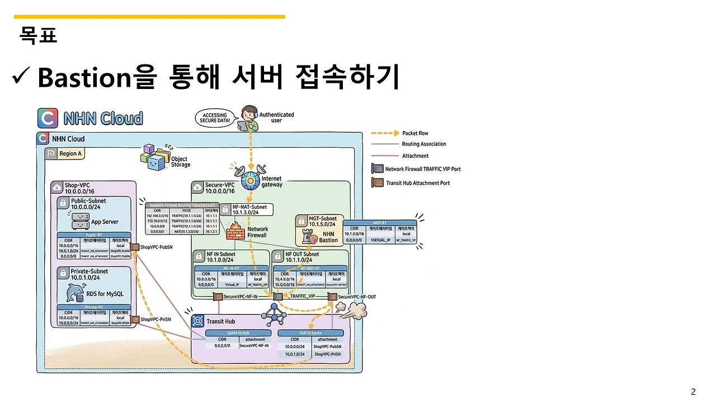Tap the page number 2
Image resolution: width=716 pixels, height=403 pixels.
point(694,392)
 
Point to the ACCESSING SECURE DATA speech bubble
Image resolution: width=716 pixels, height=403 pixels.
point(215,119)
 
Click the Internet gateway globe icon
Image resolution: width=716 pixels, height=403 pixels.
point(251,180)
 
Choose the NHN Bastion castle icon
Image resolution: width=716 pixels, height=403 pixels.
point(309,237)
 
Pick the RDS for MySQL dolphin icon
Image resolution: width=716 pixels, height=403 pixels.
point(76,293)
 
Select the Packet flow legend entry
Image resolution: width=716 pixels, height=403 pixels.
point(415,133)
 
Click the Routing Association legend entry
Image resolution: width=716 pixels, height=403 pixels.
point(423,144)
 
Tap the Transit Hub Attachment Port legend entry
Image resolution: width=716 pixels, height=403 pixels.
point(418,183)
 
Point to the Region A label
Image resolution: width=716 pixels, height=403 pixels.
point(70,153)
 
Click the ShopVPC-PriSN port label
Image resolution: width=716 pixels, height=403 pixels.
point(156,320)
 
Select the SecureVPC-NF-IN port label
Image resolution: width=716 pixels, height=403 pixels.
point(240,297)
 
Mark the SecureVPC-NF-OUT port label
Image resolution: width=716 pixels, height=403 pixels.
point(357,297)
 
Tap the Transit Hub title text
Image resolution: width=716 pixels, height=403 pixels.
point(221,321)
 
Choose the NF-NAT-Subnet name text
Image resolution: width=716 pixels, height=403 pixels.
point(249,207)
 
